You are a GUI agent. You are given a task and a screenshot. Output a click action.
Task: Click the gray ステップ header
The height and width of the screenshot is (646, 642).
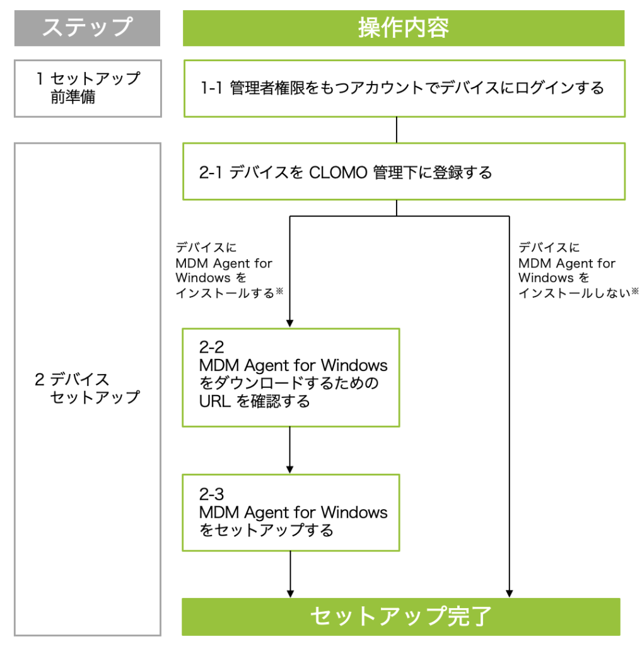pos(87,28)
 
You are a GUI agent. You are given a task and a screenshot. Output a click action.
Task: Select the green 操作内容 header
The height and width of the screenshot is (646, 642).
pos(403,28)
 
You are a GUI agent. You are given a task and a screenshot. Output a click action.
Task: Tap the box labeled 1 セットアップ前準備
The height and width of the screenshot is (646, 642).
pos(87,88)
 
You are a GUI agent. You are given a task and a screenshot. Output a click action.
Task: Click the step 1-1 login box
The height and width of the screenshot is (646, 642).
pos(404,88)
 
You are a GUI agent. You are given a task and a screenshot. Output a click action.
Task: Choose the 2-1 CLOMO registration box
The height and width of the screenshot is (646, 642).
pos(404,172)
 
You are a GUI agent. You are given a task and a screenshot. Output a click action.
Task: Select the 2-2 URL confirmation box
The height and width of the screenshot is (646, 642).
pos(291,377)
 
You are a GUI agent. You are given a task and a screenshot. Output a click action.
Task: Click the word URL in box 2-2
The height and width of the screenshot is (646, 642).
pos(214,401)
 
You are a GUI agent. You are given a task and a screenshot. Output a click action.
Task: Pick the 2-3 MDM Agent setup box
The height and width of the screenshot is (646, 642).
pos(291,512)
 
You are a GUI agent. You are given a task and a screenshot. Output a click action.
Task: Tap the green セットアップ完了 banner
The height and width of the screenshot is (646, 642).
pos(401,616)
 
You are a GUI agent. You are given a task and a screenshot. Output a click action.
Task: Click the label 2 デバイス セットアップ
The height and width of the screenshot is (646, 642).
pos(87,388)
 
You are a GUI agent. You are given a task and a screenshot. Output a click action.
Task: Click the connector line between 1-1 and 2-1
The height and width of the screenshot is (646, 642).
pos(396,129)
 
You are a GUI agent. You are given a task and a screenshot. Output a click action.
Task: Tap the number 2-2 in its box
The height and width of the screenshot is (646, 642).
pos(212,348)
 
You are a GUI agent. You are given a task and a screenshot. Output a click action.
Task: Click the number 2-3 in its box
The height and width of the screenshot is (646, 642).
pos(212,494)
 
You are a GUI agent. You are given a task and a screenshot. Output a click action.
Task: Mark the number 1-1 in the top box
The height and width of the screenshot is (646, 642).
pos(213,88)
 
